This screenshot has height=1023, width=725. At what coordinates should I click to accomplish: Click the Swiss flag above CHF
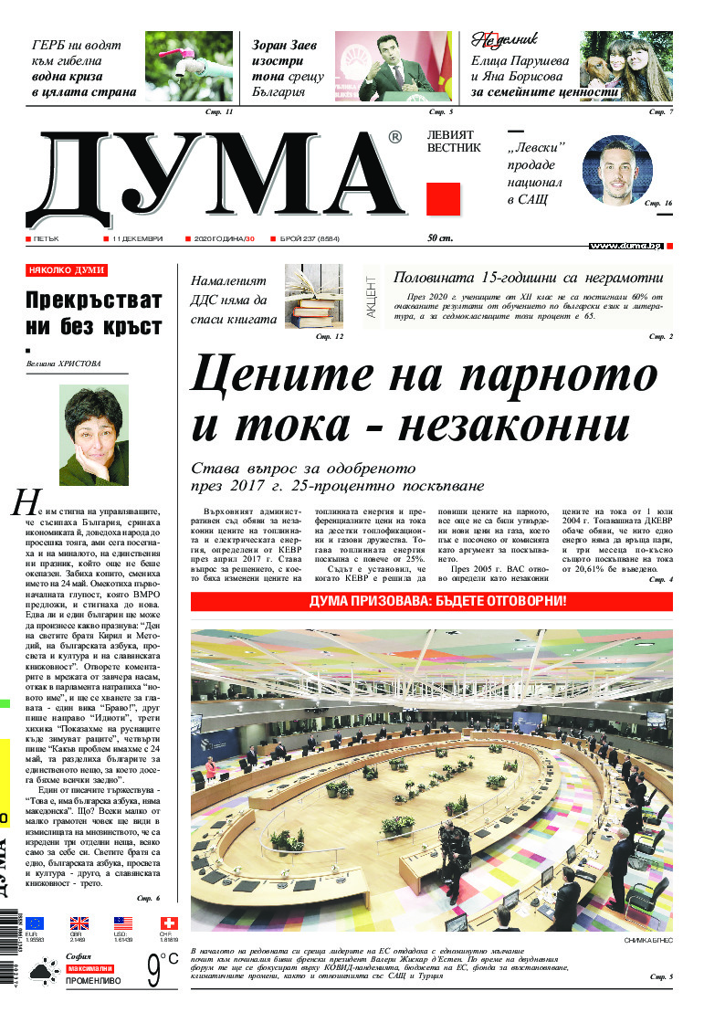[x=169, y=923]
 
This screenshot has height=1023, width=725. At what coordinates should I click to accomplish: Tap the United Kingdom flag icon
[x=79, y=923]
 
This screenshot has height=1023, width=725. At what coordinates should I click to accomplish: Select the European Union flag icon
[x=35, y=923]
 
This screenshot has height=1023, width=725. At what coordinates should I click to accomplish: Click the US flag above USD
[x=123, y=923]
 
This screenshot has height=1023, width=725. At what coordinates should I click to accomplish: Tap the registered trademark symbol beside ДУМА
[x=394, y=137]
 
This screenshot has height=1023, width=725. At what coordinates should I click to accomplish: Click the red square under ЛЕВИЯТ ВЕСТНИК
[x=443, y=198]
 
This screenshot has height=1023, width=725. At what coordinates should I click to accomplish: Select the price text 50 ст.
[x=440, y=238]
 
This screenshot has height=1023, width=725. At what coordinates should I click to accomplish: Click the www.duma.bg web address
[x=625, y=246]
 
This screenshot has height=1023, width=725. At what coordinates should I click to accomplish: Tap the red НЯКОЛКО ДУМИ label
[x=66, y=270]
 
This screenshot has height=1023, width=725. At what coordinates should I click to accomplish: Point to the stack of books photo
[x=313, y=296]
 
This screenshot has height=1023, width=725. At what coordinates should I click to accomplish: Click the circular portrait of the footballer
[x=618, y=171]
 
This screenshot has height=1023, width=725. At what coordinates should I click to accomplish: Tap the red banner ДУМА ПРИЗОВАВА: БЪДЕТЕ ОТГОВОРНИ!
[x=431, y=601]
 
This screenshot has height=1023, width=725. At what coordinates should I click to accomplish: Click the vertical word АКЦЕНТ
[x=372, y=296]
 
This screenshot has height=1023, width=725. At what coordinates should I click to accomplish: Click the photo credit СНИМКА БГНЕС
[x=647, y=940]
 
